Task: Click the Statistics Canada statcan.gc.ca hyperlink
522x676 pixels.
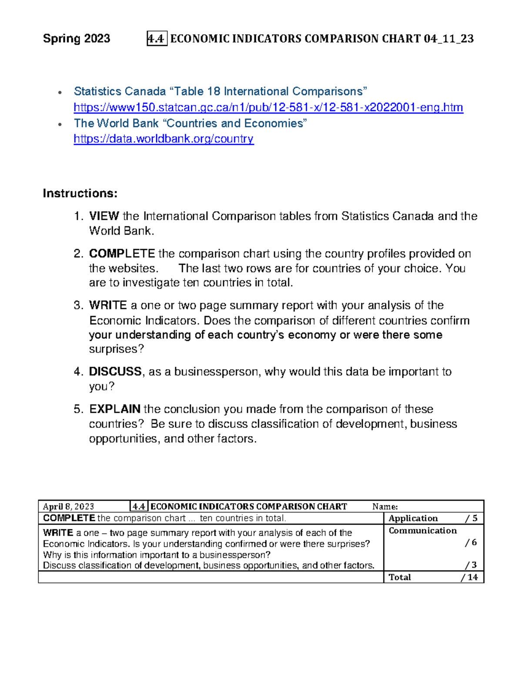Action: tap(268, 108)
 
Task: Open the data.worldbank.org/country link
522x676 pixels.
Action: tap(164, 139)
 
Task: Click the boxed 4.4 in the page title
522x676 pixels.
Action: tap(157, 39)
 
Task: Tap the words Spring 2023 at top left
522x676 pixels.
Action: tap(77, 39)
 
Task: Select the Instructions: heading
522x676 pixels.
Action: tap(80, 193)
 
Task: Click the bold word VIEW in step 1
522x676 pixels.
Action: tap(104, 216)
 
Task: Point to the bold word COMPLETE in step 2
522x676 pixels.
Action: tap(122, 254)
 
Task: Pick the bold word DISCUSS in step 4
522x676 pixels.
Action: tap(115, 372)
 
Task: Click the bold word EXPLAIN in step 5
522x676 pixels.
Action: tap(115, 409)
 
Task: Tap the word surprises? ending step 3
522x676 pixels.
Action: tap(116, 350)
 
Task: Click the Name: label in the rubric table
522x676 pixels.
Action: tap(385, 507)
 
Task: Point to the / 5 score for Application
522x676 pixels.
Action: tap(471, 518)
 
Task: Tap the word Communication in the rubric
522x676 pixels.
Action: tap(422, 531)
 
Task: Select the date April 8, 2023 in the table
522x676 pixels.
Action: tap(68, 507)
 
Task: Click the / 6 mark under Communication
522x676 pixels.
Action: tap(471, 542)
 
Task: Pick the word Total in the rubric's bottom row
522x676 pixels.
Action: tap(399, 577)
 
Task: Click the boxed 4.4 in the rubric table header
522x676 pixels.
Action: tap(139, 507)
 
